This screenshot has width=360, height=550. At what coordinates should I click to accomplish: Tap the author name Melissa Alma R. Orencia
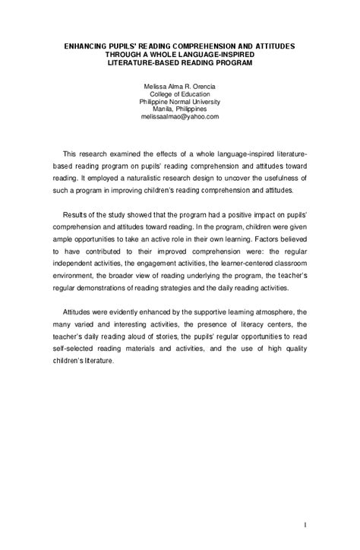coord(180,88)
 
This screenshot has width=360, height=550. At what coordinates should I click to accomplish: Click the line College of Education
coord(180,95)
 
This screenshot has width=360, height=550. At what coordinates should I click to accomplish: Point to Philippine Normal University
coord(180,102)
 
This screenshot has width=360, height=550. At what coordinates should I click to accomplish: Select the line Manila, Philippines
coord(180,109)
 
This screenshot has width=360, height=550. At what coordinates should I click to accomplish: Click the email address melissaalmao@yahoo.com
coord(180,116)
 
